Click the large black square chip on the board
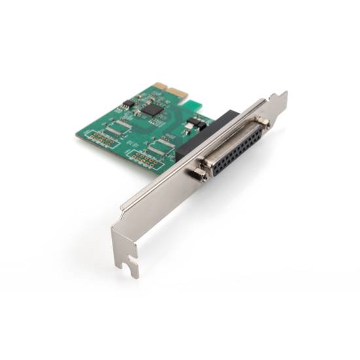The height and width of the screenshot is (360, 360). click(x=151, y=109)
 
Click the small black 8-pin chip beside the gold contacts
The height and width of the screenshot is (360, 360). click(x=128, y=103)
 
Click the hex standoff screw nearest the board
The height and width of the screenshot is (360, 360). click(x=262, y=122)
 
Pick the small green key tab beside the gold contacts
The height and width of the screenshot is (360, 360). click(x=183, y=98)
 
